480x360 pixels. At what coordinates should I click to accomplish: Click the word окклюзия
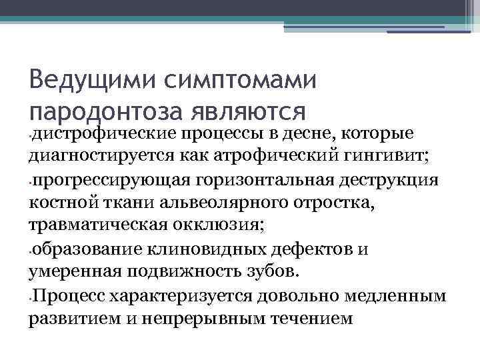221,226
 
